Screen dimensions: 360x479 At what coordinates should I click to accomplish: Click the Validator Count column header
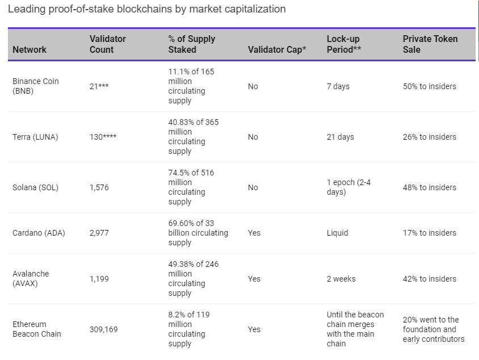(x=108, y=44)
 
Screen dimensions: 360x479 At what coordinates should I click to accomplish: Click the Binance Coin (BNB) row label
(x=35, y=86)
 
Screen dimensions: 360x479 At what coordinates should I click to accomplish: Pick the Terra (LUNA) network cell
(x=35, y=137)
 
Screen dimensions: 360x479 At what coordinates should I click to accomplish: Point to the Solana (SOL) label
(x=35, y=187)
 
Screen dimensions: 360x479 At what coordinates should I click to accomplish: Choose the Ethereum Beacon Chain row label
(x=36, y=329)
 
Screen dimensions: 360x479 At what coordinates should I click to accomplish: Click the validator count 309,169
(x=104, y=329)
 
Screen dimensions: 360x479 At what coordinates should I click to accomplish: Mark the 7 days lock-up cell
(x=338, y=86)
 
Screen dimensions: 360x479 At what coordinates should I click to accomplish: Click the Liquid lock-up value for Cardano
(x=338, y=233)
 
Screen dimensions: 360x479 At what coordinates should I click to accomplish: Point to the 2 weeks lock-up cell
(x=341, y=279)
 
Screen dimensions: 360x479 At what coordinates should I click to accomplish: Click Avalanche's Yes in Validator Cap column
(x=254, y=279)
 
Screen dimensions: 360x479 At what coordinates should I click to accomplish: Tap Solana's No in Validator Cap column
(x=253, y=187)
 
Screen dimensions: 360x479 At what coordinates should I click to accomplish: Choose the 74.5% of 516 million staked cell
(x=191, y=187)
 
